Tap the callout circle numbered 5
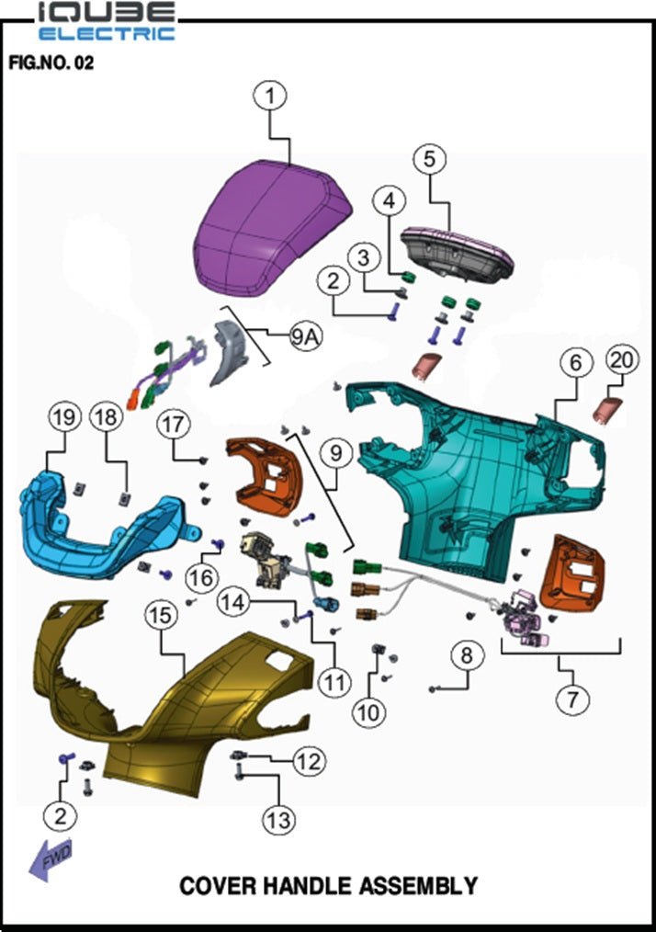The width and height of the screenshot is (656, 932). coord(429,159)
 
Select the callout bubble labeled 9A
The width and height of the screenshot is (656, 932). coord(305,336)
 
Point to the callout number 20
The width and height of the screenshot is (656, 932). coord(622,359)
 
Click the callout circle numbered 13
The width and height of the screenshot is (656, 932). coord(278,820)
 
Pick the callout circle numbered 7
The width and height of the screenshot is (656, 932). coord(572,699)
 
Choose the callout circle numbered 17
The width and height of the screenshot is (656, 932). coord(174,425)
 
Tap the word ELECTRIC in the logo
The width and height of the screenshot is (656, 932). coord(107,33)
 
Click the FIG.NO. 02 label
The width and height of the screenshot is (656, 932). coord(51,63)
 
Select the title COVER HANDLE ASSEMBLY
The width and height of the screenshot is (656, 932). coord(329,886)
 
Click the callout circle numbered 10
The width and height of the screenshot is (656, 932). coord(368,711)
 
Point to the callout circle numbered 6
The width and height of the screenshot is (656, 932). coord(576,361)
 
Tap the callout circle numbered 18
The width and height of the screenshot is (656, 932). coord(107,416)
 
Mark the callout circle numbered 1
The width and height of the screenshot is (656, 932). coord(270,95)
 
